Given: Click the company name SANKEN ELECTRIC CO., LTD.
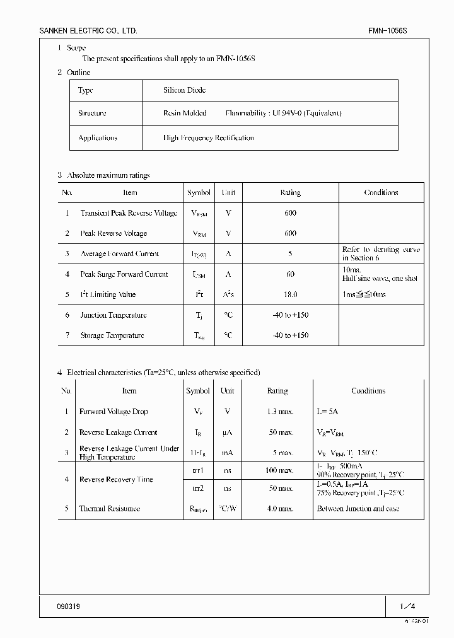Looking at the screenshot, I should pos(88,31).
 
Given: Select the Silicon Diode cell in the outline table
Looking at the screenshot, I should pos(185,90).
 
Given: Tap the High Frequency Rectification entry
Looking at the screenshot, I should pos(208,137).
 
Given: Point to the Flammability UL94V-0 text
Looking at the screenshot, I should pos(283,113).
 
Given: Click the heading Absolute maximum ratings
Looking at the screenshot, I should pos(108,175).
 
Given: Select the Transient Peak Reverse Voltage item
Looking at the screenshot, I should pos(129,213).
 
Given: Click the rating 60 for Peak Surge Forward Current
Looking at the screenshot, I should pos(290,274).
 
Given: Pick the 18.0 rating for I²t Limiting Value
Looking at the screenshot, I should pos(290,294).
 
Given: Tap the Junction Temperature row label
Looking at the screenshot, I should pos(113,315).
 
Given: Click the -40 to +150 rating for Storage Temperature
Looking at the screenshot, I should pos(290,335).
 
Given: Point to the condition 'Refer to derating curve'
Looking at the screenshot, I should pos(381,250).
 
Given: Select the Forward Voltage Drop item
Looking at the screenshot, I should pos(113,412).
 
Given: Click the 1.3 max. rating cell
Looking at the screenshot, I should pos(277,412).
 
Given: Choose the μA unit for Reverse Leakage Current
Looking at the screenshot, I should pos(227,432).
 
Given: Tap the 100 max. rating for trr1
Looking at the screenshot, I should pos(277,470).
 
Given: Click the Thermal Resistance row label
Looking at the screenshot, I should pos(109,509).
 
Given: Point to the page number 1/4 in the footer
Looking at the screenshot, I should pos(407,606).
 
